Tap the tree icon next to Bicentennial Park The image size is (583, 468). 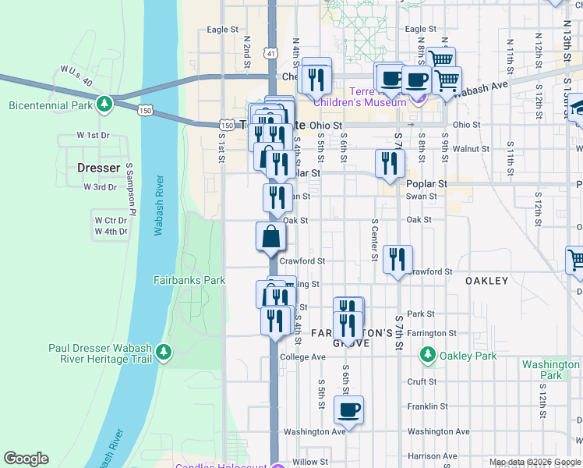point(104,104)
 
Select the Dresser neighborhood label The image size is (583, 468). point(99,168)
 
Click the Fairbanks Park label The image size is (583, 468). point(189,279)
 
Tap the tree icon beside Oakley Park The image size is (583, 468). point(427,356)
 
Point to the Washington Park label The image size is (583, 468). point(551,370)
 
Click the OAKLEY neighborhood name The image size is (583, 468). point(486,281)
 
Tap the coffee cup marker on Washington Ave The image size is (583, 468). point(349,409)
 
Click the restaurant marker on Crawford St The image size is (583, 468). point(397,259)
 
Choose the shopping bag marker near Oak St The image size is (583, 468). point(270,236)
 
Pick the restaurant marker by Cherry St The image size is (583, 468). point(316,77)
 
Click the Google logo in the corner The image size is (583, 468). point(26,459)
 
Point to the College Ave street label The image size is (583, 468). point(302,356)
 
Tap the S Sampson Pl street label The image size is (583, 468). point(131,191)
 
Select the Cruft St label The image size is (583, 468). point(422,381)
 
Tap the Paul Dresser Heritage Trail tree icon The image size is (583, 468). point(164,353)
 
